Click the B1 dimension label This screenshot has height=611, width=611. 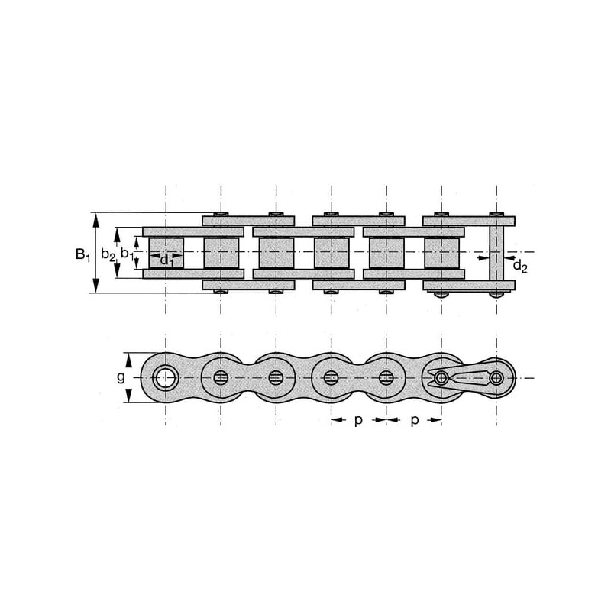pyautogui.click(x=82, y=255)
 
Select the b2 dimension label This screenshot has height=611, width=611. pyautogui.click(x=108, y=254)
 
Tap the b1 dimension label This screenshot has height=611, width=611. pyautogui.click(x=127, y=254)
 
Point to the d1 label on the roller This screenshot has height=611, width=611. pyautogui.click(x=166, y=260)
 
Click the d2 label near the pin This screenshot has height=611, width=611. pyautogui.click(x=520, y=266)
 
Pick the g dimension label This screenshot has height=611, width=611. pyautogui.click(x=121, y=377)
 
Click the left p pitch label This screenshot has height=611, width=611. pyautogui.click(x=358, y=421)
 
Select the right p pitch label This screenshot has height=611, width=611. pyautogui.click(x=415, y=421)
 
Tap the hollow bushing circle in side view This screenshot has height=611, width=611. pyautogui.click(x=166, y=377)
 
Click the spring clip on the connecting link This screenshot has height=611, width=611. pyautogui.click(x=458, y=377)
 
